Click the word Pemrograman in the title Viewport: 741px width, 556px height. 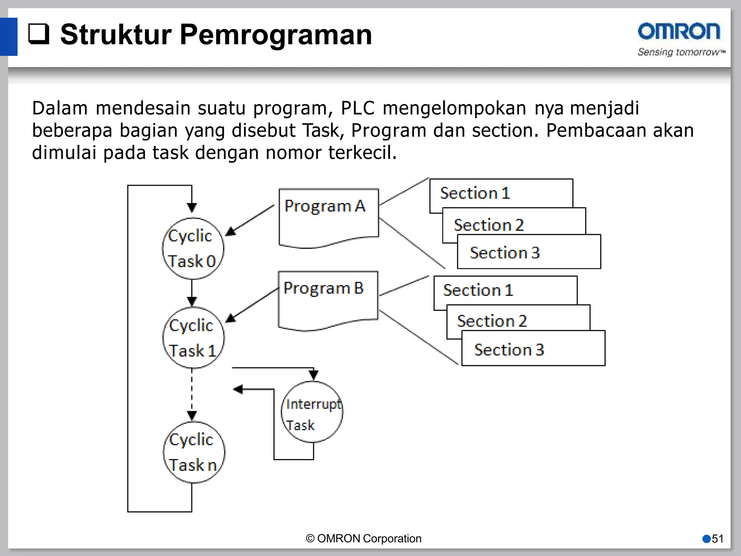(276, 35)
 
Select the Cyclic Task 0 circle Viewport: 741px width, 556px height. (193, 248)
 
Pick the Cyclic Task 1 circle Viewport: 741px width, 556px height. (193, 338)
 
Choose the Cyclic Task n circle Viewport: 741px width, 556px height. (194, 452)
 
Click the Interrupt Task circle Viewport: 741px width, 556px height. (312, 412)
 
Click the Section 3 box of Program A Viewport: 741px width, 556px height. (529, 252)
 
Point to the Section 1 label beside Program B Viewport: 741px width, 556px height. (478, 290)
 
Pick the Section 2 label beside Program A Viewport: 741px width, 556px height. (488, 225)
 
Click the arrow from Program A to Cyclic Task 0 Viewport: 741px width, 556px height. (250, 220)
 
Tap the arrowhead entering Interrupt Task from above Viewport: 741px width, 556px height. (313, 375)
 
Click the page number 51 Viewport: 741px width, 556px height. (717, 539)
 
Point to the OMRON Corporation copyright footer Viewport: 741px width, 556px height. (364, 539)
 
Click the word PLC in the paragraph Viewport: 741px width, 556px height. (357, 108)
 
